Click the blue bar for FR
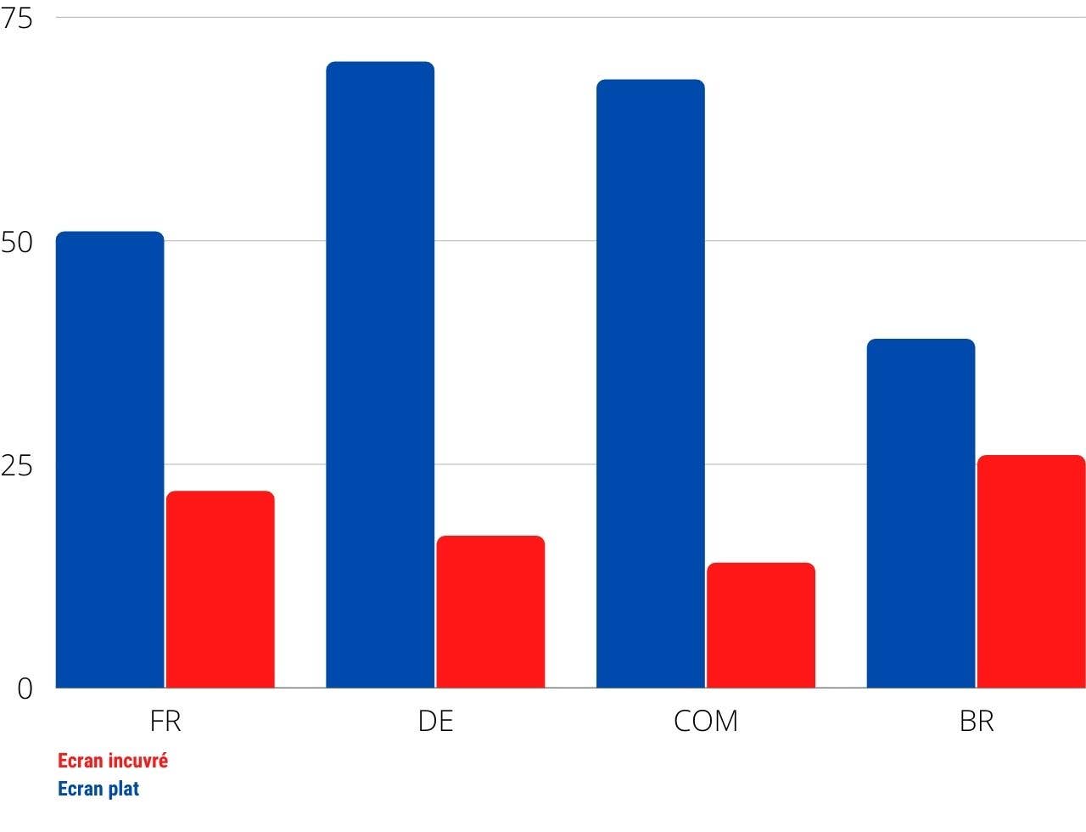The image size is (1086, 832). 110,459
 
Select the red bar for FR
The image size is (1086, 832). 221,589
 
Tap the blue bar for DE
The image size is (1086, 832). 380,374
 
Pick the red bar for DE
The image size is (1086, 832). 490,611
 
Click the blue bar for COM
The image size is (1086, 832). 651,383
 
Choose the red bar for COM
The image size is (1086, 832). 761,625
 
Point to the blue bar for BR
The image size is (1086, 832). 921,513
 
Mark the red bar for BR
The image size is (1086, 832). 1031,571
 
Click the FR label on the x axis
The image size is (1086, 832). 165,722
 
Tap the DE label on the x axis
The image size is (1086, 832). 435,722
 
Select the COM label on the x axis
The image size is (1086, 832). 706,722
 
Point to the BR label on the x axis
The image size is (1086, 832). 977,722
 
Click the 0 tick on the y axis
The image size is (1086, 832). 25,689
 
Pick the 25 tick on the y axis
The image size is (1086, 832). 17,465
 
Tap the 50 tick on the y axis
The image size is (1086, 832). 17,242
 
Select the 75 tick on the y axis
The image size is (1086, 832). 17,19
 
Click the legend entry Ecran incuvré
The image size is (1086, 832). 113,761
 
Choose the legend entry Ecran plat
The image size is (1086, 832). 98,789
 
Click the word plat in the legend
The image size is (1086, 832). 123,789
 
